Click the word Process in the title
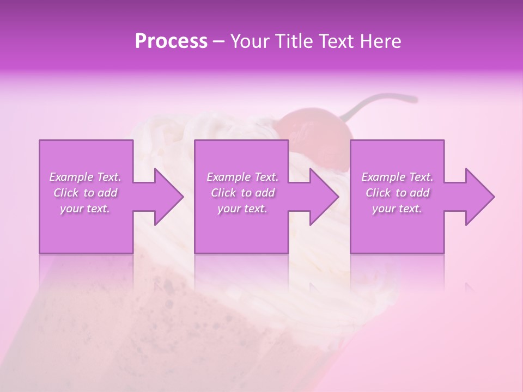(171, 41)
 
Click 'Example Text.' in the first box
(86, 177)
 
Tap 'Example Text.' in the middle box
(242, 177)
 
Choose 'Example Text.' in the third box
(397, 177)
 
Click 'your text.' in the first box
(86, 209)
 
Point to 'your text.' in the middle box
(242, 209)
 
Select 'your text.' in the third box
(397, 209)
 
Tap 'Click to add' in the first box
(86, 193)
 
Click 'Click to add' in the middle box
(242, 193)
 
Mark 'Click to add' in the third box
(397, 193)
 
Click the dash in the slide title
(219, 42)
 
